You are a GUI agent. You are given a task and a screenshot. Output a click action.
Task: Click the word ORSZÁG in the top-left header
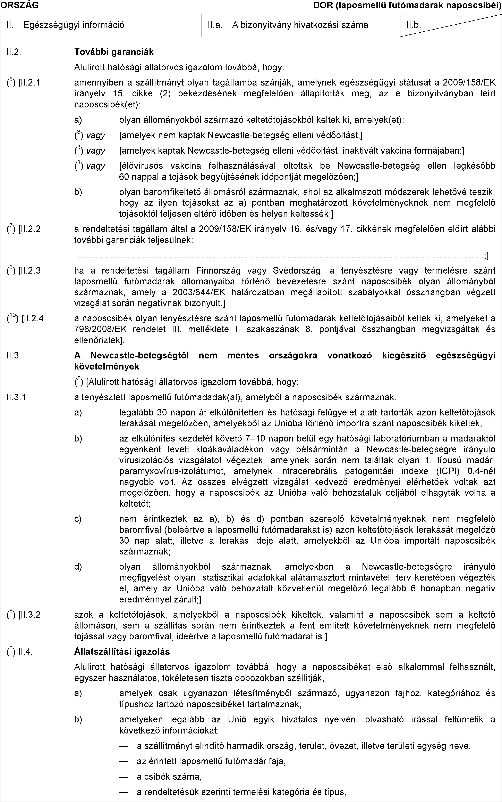(x=19, y=5)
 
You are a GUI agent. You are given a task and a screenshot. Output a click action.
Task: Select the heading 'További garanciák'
(x=114, y=52)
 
